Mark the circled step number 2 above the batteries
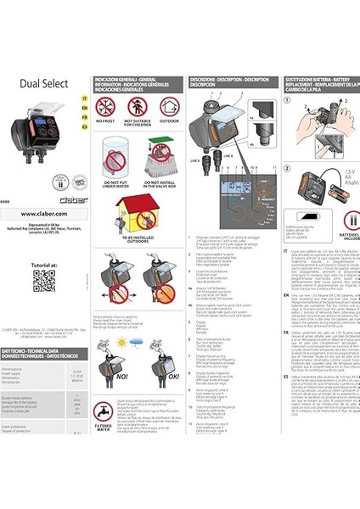click(286, 169)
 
